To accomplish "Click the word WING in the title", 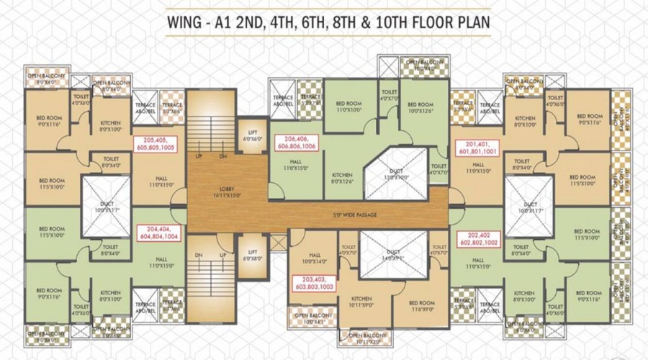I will coord(185,22).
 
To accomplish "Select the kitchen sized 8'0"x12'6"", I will coord(343,178).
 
